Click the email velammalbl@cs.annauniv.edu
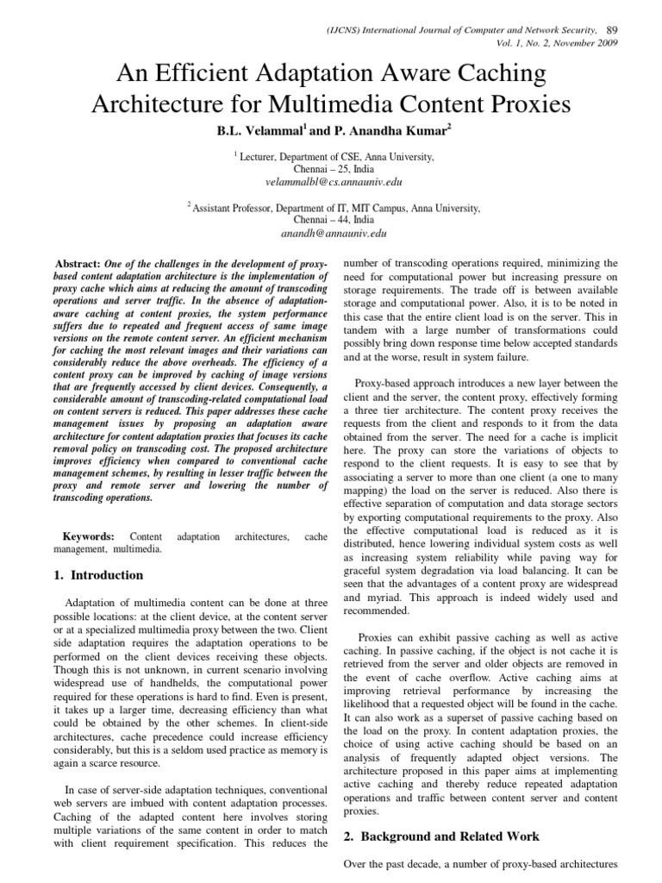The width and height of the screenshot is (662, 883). (334, 182)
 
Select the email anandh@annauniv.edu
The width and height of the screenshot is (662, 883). (334, 233)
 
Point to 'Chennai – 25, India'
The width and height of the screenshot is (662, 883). (334, 170)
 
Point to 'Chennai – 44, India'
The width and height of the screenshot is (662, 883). (334, 220)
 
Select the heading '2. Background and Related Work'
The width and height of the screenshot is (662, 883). (441, 836)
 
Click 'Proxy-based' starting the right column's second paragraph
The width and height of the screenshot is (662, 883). (385, 383)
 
